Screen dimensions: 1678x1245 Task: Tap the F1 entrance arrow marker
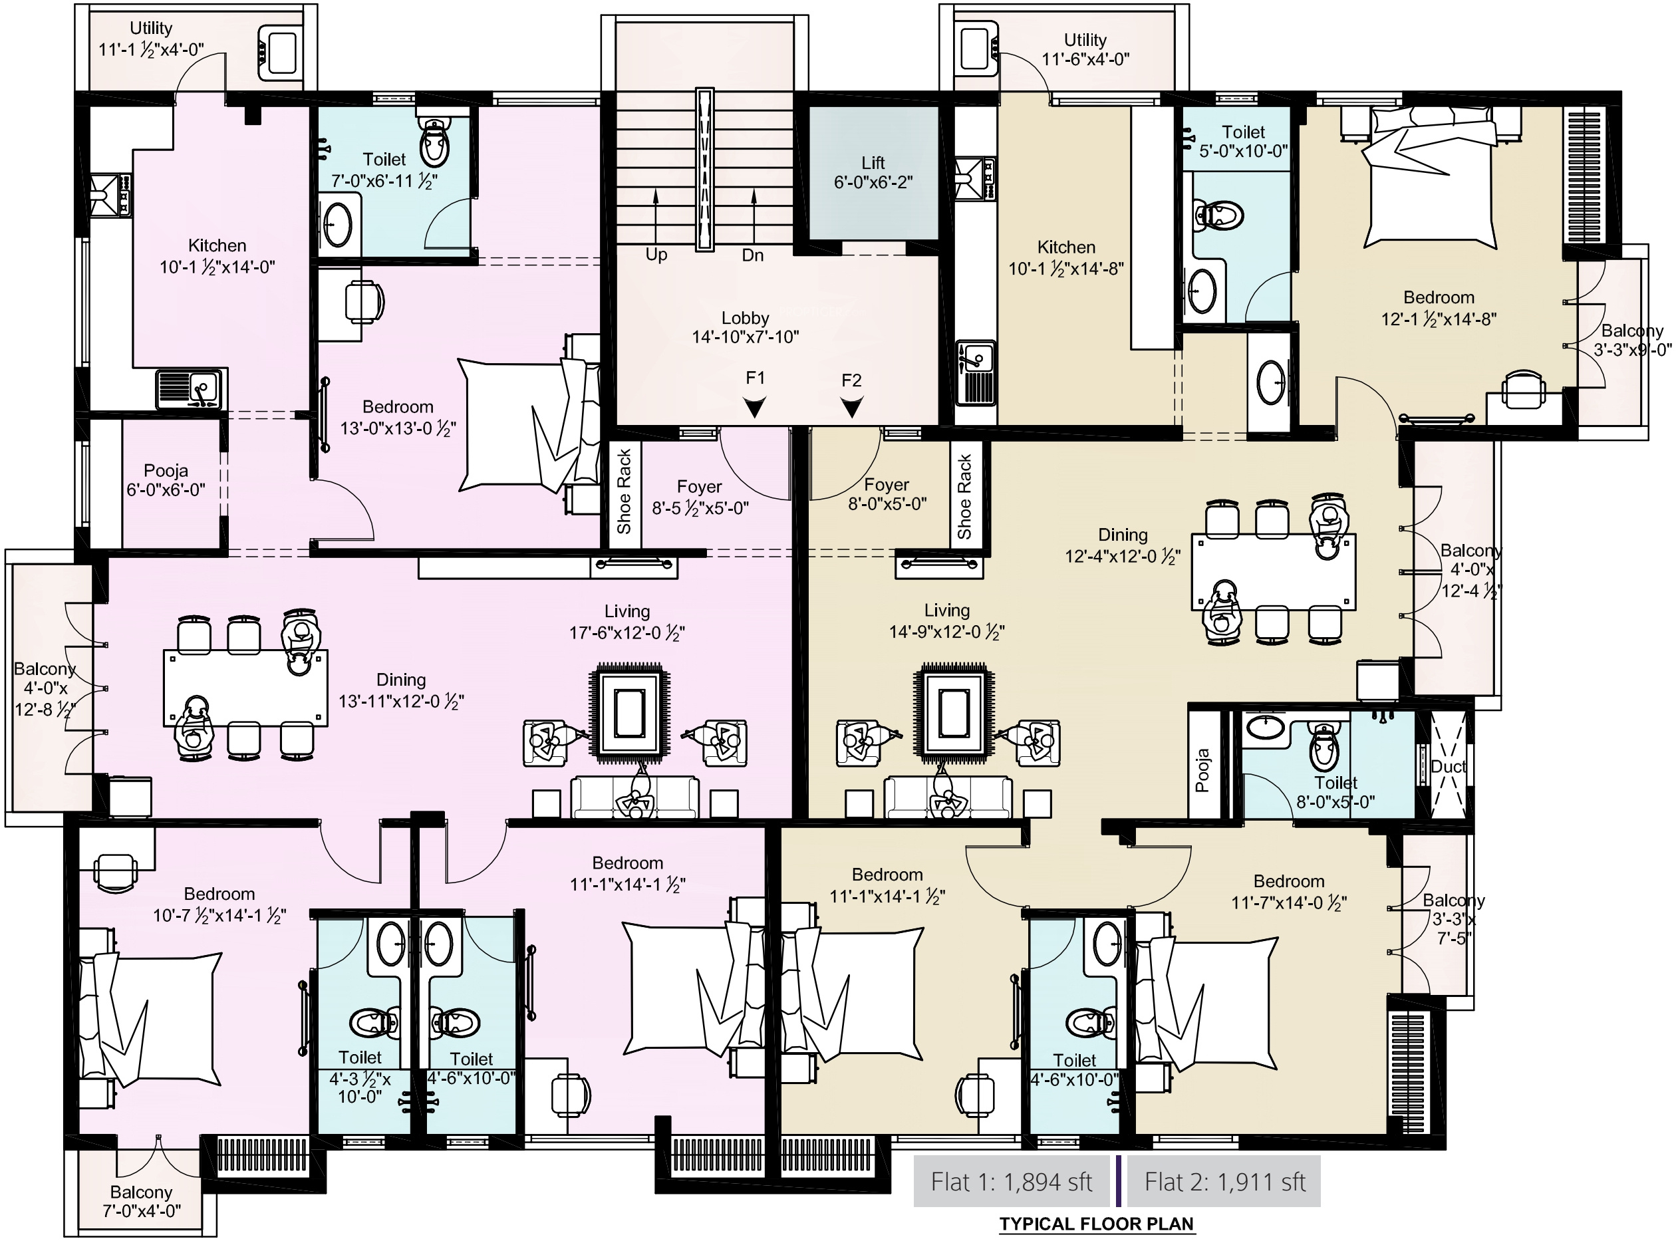point(754,408)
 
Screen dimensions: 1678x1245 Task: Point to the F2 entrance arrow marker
point(851,408)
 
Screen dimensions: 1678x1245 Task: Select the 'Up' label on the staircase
point(656,255)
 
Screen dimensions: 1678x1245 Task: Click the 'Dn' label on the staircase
point(753,255)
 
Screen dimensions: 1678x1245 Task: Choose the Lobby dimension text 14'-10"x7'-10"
point(745,337)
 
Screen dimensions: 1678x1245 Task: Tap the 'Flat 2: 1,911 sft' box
point(1224,1181)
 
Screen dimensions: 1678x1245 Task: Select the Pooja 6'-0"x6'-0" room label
point(166,480)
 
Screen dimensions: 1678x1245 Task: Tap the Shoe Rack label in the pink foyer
point(624,491)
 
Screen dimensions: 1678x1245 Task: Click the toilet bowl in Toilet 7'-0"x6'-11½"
point(434,142)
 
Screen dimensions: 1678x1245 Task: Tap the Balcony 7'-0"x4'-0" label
point(141,1201)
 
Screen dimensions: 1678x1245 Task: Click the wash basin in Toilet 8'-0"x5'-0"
point(1266,728)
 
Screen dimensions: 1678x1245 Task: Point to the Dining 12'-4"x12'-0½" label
point(1123,545)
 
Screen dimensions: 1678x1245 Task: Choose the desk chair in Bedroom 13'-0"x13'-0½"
point(364,301)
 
